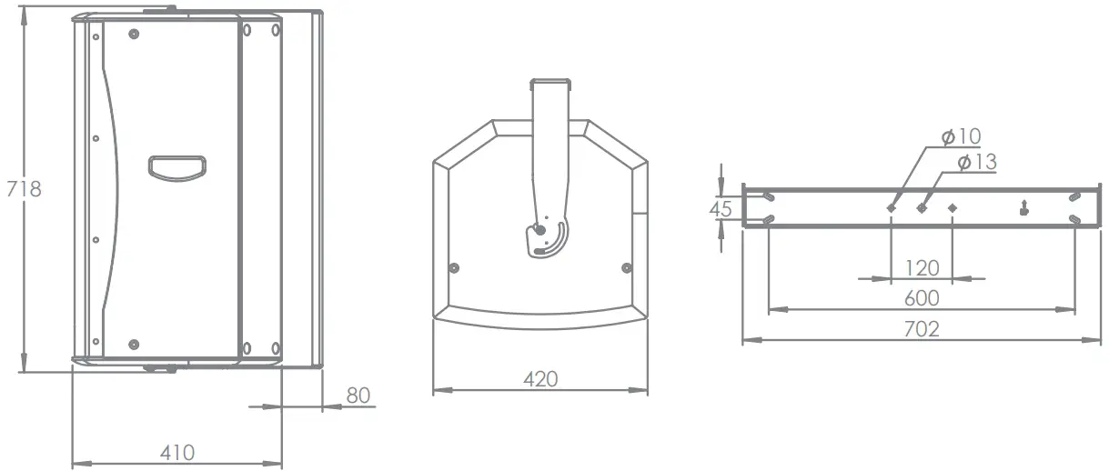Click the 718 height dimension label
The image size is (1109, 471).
[x=24, y=189]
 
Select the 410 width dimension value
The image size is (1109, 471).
[x=177, y=452]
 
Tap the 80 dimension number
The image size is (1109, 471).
[x=358, y=395]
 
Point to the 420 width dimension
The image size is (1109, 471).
[x=540, y=378]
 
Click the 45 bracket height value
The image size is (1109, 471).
[x=721, y=209]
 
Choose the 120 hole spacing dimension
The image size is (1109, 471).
[x=922, y=267]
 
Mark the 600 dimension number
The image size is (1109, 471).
[x=922, y=298]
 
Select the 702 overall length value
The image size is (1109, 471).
[x=922, y=329]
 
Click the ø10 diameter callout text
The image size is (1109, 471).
[x=962, y=136]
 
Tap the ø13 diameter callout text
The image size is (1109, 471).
[x=977, y=162]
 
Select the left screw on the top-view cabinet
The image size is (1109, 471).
[x=454, y=267]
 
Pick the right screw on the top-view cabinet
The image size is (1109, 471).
[x=626, y=267]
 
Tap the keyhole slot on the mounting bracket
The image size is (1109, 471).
[x=1025, y=207]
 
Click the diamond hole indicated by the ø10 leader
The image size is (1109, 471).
[x=892, y=208]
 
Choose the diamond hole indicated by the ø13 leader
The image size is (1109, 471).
[x=922, y=208]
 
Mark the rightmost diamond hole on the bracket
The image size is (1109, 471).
[x=953, y=208]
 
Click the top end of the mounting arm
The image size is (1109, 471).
[x=550, y=84]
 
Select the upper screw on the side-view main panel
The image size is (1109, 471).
[x=135, y=35]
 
